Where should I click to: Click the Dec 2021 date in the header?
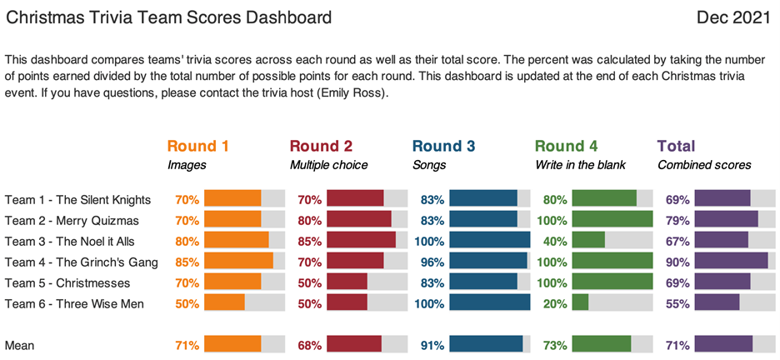(733, 18)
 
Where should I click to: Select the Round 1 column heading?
(198, 146)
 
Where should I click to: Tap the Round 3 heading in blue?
(443, 146)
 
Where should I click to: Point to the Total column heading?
(677, 146)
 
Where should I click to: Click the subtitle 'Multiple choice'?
(329, 165)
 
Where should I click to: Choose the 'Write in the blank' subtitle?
(581, 165)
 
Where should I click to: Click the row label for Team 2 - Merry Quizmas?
(72, 220)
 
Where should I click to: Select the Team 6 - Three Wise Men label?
(75, 304)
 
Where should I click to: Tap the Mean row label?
(19, 346)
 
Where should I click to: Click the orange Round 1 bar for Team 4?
(239, 262)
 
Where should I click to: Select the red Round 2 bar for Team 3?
(361, 241)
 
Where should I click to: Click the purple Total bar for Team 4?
(732, 262)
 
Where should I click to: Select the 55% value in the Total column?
(677, 304)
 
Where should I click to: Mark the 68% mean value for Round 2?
(310, 346)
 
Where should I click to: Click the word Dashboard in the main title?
(288, 18)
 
